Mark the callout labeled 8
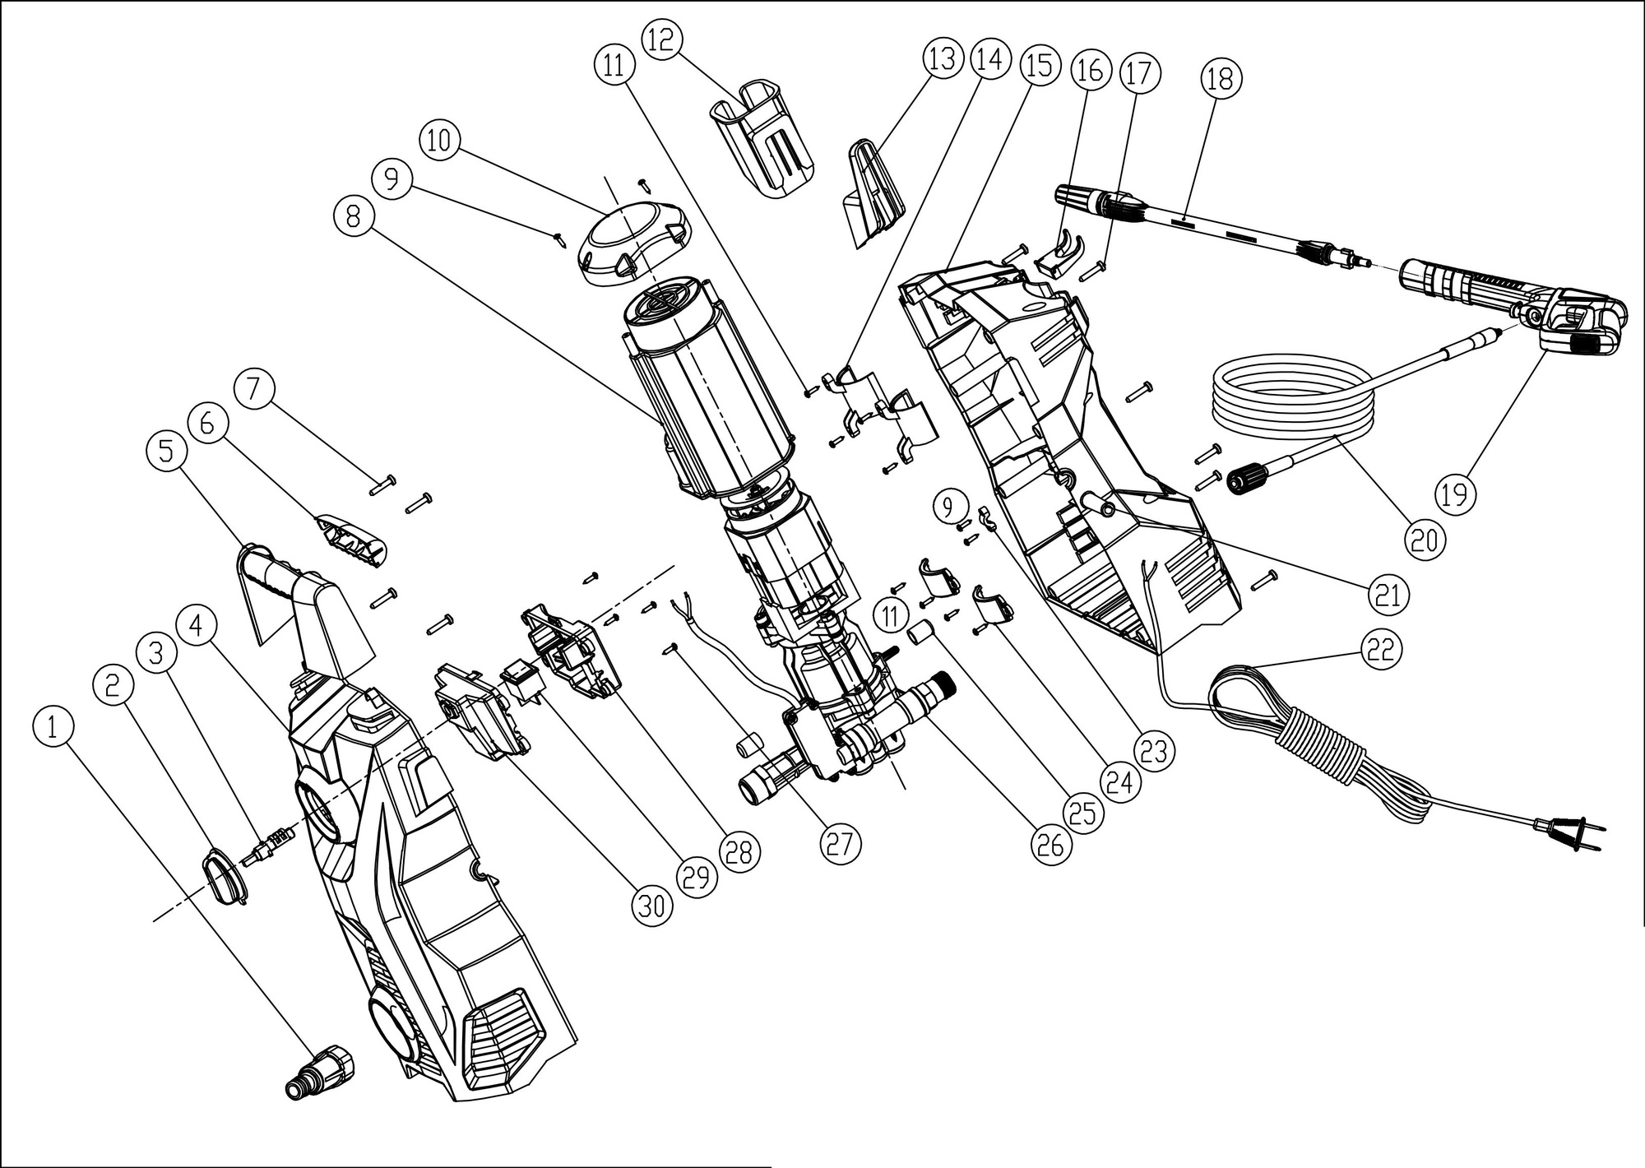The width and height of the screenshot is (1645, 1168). tap(354, 216)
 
